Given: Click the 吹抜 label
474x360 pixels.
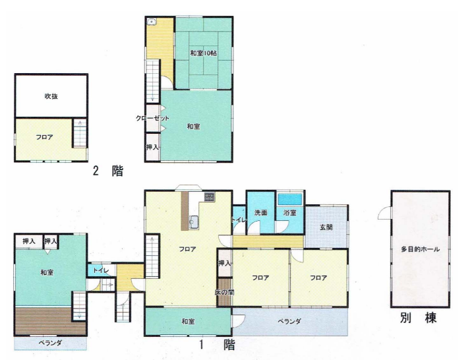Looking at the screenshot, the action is coord(51,96).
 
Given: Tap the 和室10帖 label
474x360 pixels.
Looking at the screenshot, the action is coord(203,53).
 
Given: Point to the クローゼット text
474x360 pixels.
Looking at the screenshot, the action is coord(152,118).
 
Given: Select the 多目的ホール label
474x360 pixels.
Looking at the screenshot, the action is coord(420,249).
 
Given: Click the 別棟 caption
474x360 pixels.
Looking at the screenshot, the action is coord(419,318).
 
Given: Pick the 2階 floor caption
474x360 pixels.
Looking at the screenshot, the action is coord(108,171).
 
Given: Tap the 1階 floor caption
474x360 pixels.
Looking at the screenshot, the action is coord(217,345).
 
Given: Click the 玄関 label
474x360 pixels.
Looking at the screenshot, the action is coord(326,227).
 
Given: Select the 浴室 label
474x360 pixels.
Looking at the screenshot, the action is coord(289,213).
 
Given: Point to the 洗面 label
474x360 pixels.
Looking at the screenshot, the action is coord(260,213).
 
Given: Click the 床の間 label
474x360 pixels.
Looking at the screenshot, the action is coord(224,292).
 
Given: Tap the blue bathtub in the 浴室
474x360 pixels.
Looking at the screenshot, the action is coord(290,199).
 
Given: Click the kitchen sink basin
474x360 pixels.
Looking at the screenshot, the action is coord(193,222).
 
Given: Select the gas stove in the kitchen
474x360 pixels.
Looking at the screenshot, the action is coord(209,196).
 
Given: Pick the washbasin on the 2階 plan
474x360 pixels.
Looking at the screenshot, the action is coord(152,22).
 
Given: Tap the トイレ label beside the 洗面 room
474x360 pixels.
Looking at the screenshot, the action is coord(239,220).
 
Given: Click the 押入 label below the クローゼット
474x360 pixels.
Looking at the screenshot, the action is coord(152,147).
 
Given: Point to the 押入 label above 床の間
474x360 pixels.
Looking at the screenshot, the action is coord(224,263).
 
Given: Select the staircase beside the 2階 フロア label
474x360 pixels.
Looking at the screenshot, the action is coord(80,133).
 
